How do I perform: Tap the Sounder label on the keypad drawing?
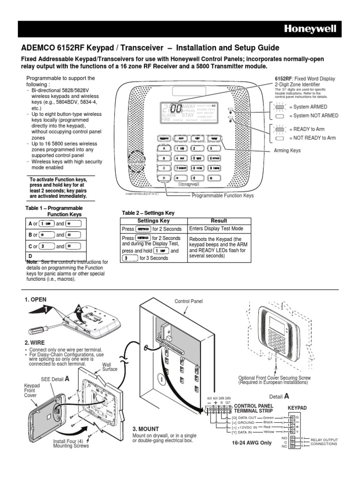137,161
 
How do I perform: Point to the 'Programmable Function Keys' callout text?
223,195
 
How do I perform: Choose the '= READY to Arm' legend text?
307,129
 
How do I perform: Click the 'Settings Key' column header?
153,221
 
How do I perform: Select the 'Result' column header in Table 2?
219,221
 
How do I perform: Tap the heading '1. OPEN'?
35,300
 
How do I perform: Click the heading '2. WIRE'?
34,343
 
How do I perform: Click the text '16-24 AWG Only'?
252,442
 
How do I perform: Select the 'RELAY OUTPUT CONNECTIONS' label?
324,442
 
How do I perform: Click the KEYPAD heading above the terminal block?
297,408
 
